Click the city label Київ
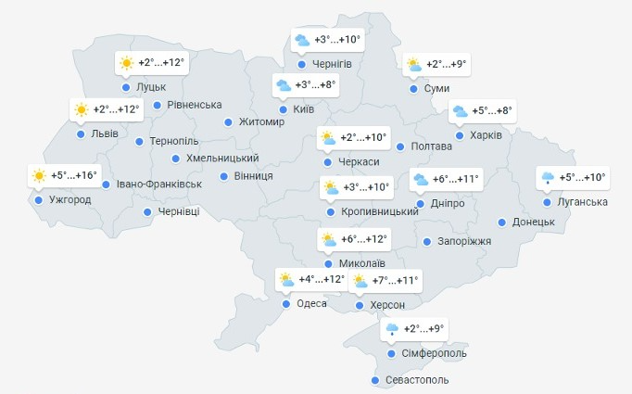(303, 109)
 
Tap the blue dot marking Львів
(81, 134)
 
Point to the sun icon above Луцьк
(126, 64)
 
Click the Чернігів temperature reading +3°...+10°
(336, 40)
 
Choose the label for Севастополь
(416, 380)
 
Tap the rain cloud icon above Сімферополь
(392, 329)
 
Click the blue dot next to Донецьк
(502, 222)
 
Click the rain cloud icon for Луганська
(549, 177)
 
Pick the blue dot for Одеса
(285, 304)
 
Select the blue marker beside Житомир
(228, 121)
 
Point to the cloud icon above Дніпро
(420, 179)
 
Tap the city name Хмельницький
(222, 159)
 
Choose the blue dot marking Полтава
(400, 146)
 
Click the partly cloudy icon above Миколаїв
(328, 239)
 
